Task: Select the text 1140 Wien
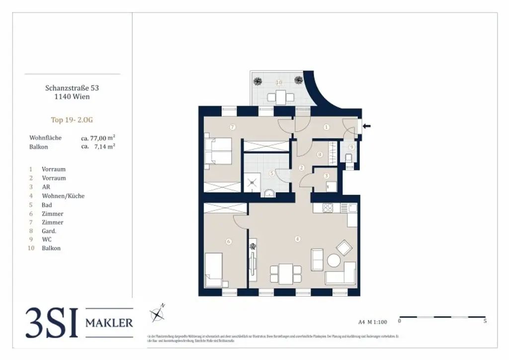[x=72, y=96]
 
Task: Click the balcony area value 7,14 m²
[x=103, y=147]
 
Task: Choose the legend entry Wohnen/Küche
[x=63, y=196]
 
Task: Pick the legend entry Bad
[x=47, y=205]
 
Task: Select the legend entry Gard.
[x=49, y=231]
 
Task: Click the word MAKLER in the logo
[x=109, y=323]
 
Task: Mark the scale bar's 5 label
[x=485, y=322]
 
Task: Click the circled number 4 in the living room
[x=297, y=239]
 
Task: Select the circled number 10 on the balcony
[x=279, y=82]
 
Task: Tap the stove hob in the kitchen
[x=328, y=208]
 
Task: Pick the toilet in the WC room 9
[x=349, y=159]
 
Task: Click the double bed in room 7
[x=218, y=150]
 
